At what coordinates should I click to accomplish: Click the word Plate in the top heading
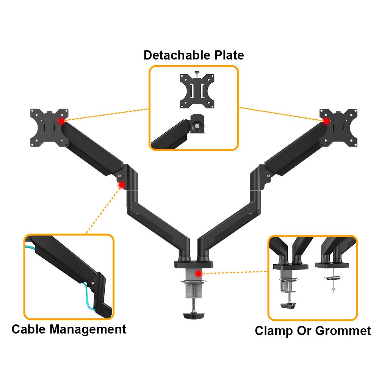[228, 55]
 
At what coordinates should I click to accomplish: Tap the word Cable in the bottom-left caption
[29, 329]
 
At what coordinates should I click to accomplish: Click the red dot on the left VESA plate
[61, 121]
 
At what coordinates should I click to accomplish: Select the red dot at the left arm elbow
[122, 185]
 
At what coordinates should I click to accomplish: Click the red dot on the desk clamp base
[198, 273]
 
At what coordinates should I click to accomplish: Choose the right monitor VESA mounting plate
[340, 127]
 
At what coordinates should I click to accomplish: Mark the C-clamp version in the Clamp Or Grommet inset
[289, 280]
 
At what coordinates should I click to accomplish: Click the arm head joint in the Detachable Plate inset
[197, 124]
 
